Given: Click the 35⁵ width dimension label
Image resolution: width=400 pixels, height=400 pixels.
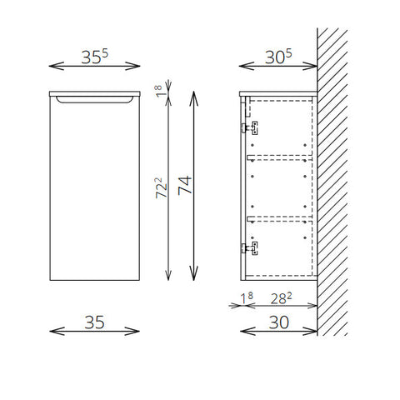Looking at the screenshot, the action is pyautogui.click(x=94, y=57).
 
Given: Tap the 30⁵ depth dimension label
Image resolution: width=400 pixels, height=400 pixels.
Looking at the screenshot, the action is pyautogui.click(x=278, y=57).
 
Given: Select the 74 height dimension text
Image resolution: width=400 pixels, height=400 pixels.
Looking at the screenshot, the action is pyautogui.click(x=185, y=185).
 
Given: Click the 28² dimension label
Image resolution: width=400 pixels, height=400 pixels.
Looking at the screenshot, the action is pyautogui.click(x=281, y=298).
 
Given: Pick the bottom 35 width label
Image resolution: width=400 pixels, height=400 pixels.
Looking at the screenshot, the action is pyautogui.click(x=94, y=322).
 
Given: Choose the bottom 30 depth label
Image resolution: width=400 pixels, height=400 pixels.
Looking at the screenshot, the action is pyautogui.click(x=279, y=322).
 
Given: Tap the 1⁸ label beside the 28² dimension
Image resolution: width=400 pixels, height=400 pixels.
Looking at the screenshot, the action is pyautogui.click(x=247, y=298).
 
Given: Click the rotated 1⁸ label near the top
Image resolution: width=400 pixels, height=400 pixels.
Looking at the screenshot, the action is pyautogui.click(x=158, y=91).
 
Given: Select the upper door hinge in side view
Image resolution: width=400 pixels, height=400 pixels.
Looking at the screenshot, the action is pyautogui.click(x=250, y=127).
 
